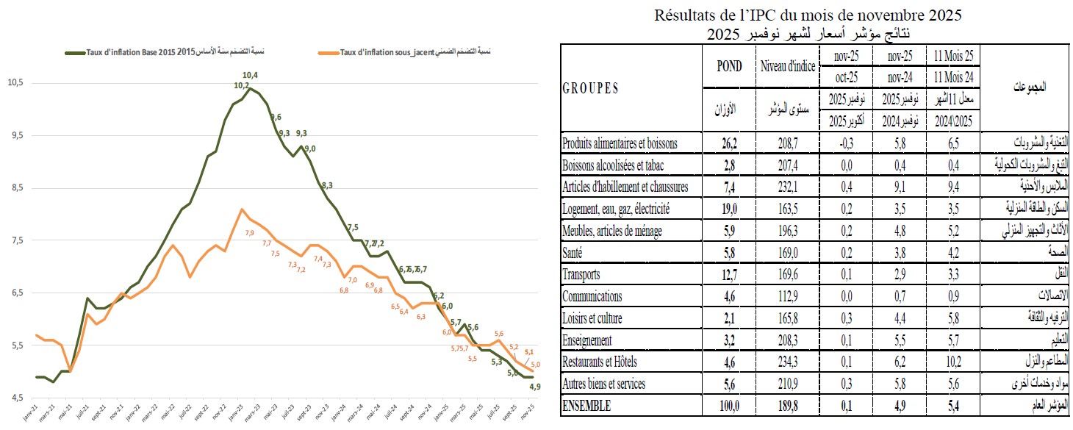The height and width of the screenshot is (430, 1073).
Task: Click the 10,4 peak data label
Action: [250, 75]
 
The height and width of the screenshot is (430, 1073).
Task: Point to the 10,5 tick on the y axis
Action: [15, 83]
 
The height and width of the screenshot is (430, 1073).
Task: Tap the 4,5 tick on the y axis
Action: [15, 398]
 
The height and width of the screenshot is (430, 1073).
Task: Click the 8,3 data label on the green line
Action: [327, 184]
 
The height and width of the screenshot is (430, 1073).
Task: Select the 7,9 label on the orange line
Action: [249, 233]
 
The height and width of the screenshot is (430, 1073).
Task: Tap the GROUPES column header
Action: [590, 87]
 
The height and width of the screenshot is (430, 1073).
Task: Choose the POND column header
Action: [728, 66]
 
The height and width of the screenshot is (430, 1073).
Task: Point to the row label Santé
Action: [575, 253]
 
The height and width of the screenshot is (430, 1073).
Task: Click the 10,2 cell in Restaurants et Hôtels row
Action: [953, 362]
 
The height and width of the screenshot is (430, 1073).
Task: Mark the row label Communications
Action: [592, 296]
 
